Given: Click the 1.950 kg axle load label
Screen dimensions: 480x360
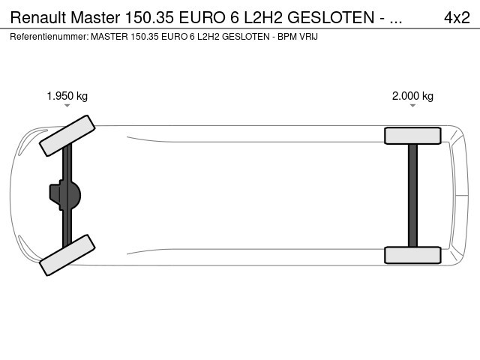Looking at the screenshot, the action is (67, 96).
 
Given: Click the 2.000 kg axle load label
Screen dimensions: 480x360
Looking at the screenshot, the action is (412, 96).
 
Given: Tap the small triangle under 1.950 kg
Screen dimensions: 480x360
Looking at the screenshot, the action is (67, 106).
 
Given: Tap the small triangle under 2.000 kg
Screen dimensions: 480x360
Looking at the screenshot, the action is (412, 106).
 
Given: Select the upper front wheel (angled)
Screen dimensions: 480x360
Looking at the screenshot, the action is (67, 136).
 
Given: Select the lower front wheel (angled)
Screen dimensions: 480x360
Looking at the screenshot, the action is (67, 255).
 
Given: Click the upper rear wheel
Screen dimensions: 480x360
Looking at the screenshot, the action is (412, 136).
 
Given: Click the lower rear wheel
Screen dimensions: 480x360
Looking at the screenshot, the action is (412, 255).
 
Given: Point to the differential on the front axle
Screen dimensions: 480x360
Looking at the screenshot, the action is (65, 195).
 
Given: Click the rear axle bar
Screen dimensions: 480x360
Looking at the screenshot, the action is (412, 195).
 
